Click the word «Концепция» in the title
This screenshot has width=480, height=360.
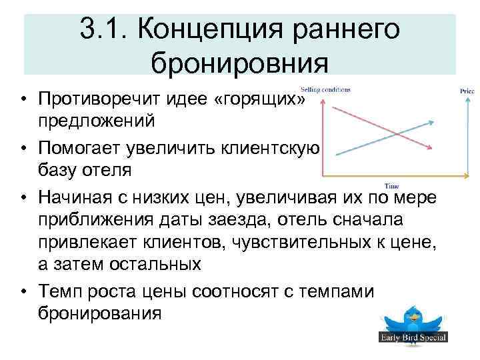pyautogui.click(x=193, y=30)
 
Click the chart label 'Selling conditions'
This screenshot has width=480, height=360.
pyautogui.click(x=325, y=90)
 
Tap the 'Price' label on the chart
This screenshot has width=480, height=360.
pyautogui.click(x=467, y=91)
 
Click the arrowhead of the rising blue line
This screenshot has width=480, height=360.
pyautogui.click(x=434, y=121)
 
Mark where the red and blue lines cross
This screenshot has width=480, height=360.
pyautogui.click(x=398, y=134)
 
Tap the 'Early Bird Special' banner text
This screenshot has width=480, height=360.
pyautogui.click(x=413, y=337)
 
